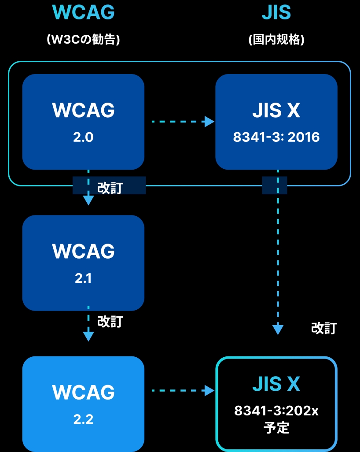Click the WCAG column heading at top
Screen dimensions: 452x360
point(83,13)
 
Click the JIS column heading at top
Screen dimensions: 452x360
point(276,13)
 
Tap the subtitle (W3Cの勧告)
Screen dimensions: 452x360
point(83,40)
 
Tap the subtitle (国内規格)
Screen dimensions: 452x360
point(276,40)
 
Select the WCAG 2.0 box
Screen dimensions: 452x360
point(83,122)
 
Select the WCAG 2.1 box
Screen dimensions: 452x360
point(83,263)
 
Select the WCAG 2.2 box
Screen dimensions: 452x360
point(83,404)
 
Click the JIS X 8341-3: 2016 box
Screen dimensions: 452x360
point(276,122)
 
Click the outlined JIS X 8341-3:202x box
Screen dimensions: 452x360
point(276,404)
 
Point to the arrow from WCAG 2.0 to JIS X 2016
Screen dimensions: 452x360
point(180,121)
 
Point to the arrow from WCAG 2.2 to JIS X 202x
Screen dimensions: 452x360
point(180,390)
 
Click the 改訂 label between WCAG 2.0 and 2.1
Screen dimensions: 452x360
point(110,188)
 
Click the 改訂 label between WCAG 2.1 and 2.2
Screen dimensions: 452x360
point(110,322)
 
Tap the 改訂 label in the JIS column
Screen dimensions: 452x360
point(324,328)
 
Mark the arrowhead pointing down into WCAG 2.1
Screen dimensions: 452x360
point(88,200)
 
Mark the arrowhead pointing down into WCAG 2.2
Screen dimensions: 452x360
point(88,336)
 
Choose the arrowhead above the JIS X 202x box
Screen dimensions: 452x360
point(278,330)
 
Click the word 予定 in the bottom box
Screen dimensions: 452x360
point(276,428)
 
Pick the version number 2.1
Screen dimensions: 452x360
point(83,278)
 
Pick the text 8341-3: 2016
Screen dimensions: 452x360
point(276,137)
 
